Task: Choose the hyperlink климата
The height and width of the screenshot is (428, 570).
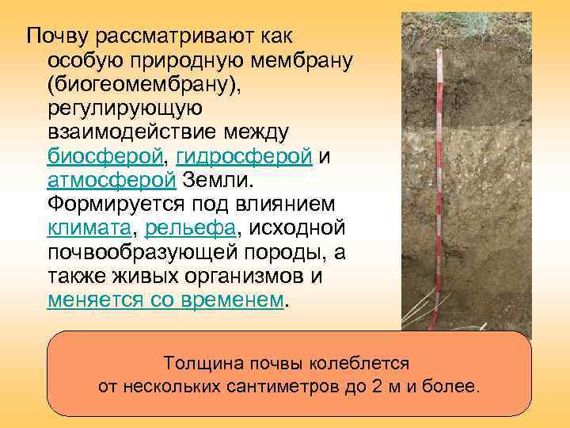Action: pyautogui.click(x=89, y=228)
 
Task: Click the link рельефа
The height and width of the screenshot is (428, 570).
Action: pyautogui.click(x=190, y=228)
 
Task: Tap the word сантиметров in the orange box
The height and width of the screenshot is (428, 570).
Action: pyautogui.click(x=310, y=387)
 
